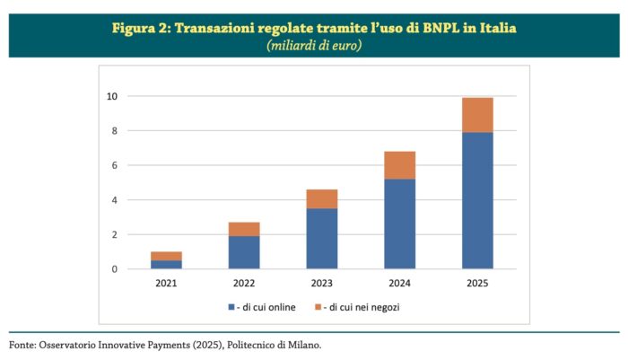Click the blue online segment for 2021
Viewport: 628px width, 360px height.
click(x=166, y=264)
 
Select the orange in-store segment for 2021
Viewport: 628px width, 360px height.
click(x=166, y=256)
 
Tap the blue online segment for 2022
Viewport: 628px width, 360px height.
click(x=244, y=252)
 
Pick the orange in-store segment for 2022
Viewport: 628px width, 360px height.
click(x=244, y=229)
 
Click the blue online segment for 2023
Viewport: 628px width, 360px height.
click(x=322, y=239)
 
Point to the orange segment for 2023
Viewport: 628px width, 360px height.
click(x=322, y=198)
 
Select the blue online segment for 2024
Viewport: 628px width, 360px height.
click(x=400, y=224)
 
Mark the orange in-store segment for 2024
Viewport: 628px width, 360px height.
click(x=400, y=165)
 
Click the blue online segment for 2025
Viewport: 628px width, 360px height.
click(x=477, y=200)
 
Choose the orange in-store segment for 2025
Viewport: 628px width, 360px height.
click(x=477, y=115)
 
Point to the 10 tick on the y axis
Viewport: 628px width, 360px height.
click(x=112, y=96)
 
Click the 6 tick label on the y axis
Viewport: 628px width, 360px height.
click(x=115, y=165)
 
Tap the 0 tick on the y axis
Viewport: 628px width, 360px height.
click(x=115, y=269)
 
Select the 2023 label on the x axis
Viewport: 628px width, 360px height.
click(x=322, y=283)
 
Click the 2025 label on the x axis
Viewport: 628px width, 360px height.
click(x=477, y=283)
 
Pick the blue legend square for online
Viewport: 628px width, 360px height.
click(x=231, y=307)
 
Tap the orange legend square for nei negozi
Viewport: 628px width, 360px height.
click(x=318, y=307)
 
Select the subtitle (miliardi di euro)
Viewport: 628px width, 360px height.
click(x=314, y=45)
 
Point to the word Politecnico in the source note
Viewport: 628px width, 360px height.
click(x=250, y=345)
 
